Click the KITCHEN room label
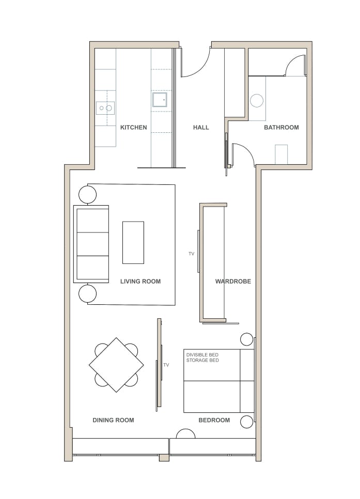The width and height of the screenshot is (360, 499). (x=133, y=127)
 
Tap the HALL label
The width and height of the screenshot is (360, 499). (x=201, y=127)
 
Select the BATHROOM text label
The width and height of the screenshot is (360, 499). (x=281, y=127)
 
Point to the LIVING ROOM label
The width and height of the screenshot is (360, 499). (x=140, y=282)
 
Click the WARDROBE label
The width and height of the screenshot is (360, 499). (x=233, y=282)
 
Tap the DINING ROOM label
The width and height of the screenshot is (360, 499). (x=113, y=420)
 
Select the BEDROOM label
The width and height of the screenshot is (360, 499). (x=214, y=420)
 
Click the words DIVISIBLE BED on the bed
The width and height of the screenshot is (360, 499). (x=202, y=354)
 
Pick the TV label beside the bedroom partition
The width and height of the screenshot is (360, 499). (x=166, y=365)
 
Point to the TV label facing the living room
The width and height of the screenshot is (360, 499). (x=191, y=254)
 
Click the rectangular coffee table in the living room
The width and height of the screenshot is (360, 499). (x=133, y=242)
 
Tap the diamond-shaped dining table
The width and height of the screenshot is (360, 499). (x=116, y=365)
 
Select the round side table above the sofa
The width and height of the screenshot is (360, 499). (x=87, y=194)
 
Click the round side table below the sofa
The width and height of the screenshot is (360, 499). (x=87, y=293)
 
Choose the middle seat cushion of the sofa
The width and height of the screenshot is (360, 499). (x=92, y=244)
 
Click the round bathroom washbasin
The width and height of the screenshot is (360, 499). (x=257, y=101)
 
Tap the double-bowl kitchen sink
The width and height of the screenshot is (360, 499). (x=105, y=108)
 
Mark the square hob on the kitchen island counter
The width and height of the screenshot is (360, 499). (x=160, y=99)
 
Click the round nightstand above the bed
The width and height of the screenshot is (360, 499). (x=247, y=339)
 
